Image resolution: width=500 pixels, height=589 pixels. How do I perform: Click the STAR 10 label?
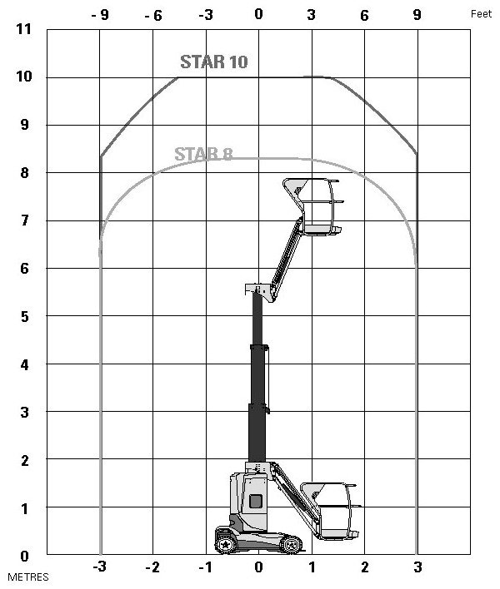[213, 62]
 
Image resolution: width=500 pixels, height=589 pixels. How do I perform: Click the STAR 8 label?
[203, 154]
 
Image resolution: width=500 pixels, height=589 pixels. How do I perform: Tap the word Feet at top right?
[481, 14]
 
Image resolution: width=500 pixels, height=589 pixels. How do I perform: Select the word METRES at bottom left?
[28, 577]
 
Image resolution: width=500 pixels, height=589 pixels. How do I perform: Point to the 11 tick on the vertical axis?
[23, 29]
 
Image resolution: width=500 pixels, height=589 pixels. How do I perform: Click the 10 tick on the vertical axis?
[23, 77]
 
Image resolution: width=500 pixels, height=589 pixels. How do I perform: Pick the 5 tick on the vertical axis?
[24, 317]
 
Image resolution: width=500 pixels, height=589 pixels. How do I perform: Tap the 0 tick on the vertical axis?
[24, 556]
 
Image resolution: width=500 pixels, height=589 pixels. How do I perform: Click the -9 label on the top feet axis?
[100, 15]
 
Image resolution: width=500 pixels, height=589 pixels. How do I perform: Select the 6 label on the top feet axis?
[364, 16]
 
